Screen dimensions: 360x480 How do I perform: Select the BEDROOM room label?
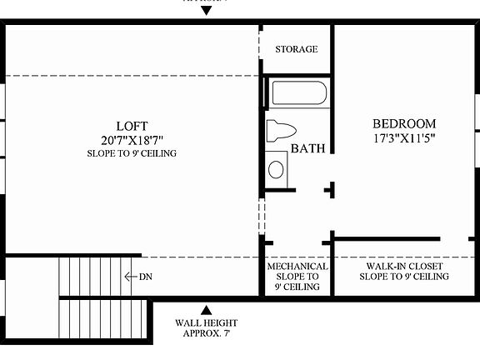click(x=404, y=123)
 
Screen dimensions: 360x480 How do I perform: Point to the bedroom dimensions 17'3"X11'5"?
click(x=404, y=137)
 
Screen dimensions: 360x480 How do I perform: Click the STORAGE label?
click(x=296, y=49)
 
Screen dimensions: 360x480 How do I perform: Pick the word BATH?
click(x=307, y=149)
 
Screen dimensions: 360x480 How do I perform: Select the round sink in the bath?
click(x=276, y=169)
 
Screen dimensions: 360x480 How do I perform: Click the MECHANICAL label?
click(x=297, y=267)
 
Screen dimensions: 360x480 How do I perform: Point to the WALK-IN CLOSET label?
click(x=404, y=267)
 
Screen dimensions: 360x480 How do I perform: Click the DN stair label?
click(x=144, y=277)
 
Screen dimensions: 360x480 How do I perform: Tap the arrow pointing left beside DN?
click(x=129, y=277)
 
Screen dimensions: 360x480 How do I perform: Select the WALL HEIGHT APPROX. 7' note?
click(x=206, y=328)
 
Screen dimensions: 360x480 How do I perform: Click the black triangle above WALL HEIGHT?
click(x=206, y=309)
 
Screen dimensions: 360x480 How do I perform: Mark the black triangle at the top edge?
click(x=207, y=11)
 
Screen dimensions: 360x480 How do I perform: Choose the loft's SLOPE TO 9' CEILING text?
click(x=132, y=154)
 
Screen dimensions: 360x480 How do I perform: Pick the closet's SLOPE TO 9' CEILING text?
click(x=404, y=277)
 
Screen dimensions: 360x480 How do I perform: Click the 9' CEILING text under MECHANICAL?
click(x=297, y=287)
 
